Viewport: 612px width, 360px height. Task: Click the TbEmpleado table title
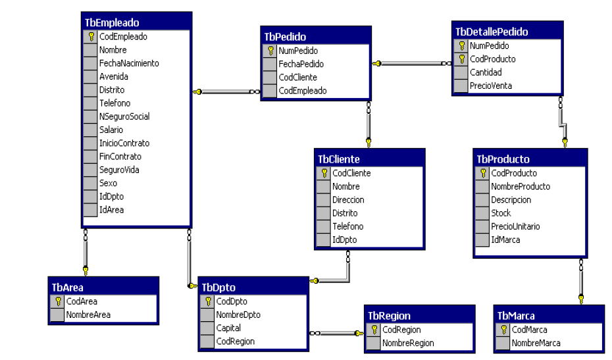pyautogui.click(x=112, y=22)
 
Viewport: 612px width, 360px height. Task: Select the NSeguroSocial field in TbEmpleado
pyautogui.click(x=124, y=116)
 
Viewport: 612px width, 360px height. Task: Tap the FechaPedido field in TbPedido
pyautogui.click(x=301, y=64)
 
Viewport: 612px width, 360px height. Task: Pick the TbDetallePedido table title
pyautogui.click(x=492, y=32)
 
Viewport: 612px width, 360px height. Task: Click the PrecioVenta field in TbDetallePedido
pyautogui.click(x=490, y=86)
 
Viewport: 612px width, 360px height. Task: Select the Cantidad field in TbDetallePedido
pyautogui.click(x=485, y=72)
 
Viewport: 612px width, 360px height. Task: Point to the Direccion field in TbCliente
pyautogui.click(x=348, y=199)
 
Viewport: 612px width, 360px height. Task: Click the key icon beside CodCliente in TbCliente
pyautogui.click(x=324, y=173)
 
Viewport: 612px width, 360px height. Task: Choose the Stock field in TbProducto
pyautogui.click(x=501, y=213)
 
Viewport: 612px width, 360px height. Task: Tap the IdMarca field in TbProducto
pyautogui.click(x=505, y=240)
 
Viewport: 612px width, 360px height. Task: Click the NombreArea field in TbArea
pyautogui.click(x=88, y=315)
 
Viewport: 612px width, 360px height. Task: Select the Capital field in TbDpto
pyautogui.click(x=228, y=328)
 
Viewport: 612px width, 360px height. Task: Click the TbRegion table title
pyautogui.click(x=389, y=316)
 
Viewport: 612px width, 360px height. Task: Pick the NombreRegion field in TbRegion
pyautogui.click(x=408, y=343)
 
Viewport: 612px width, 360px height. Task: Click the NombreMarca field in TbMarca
pyautogui.click(x=536, y=343)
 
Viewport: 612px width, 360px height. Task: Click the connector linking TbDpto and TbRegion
pyautogui.click(x=336, y=333)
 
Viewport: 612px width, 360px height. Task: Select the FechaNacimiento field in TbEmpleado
pyautogui.click(x=129, y=63)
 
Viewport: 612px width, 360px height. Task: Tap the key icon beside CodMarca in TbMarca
pyautogui.click(x=503, y=330)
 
